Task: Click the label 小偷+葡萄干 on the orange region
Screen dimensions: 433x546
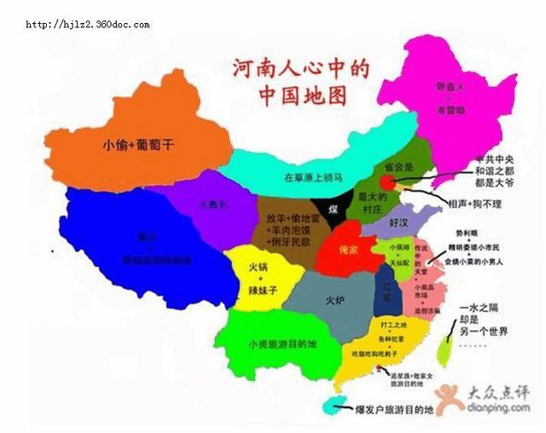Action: point(137,145)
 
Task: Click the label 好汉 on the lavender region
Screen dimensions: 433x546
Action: point(398,222)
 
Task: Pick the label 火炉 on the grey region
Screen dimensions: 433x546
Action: point(335,301)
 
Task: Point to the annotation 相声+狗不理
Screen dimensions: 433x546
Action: point(473,205)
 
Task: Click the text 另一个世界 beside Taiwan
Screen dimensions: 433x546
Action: point(483,331)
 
